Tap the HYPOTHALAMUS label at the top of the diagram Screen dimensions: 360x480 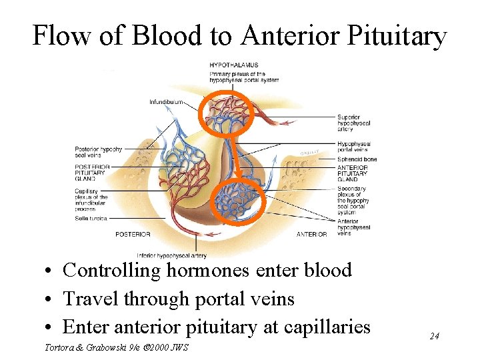tap(234, 65)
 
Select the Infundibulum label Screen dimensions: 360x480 tap(167, 102)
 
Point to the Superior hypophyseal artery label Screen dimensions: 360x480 tap(354, 123)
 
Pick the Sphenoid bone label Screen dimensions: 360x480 tap(357, 160)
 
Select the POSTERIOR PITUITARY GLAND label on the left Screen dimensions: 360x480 tap(91, 172)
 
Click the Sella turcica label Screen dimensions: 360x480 tap(91, 218)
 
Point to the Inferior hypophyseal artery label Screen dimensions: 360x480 tap(172, 255)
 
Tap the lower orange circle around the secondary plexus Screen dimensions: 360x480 tap(239, 200)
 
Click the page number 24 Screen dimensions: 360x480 tap(434, 336)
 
